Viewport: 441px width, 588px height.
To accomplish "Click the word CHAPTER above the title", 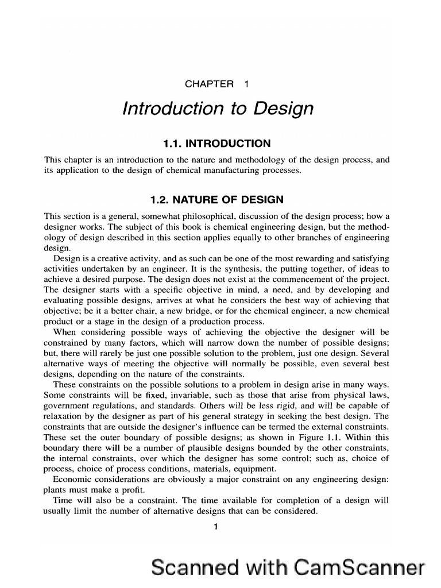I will click(209, 84).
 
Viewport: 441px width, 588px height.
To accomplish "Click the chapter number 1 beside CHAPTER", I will click(246, 84).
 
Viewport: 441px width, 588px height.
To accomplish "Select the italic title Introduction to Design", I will click(218, 109).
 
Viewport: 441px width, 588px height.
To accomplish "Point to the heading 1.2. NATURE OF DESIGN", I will click(216, 200).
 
